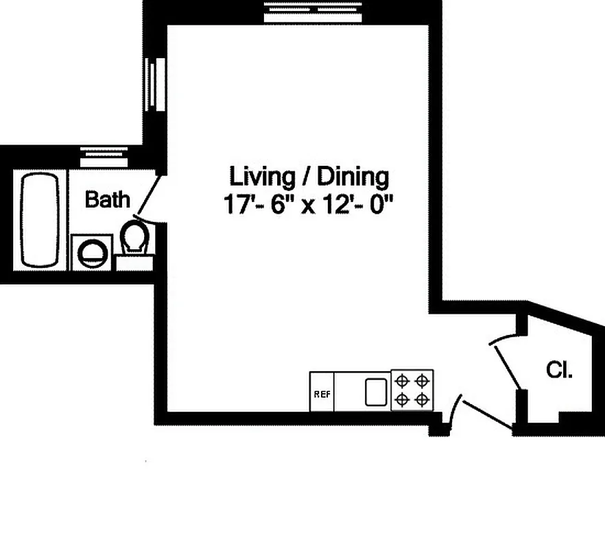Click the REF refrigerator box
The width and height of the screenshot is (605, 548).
tap(321, 393)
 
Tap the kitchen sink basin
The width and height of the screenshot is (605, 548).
tap(376, 392)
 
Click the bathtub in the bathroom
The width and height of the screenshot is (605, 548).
tap(39, 219)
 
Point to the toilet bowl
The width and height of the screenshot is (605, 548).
tap(134, 237)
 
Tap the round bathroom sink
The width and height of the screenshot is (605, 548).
tap(91, 253)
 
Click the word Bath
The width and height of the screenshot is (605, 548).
tap(107, 199)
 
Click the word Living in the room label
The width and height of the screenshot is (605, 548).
tap(260, 177)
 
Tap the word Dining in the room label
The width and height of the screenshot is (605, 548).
tap(355, 177)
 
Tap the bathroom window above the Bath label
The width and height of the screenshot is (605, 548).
tap(104, 155)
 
